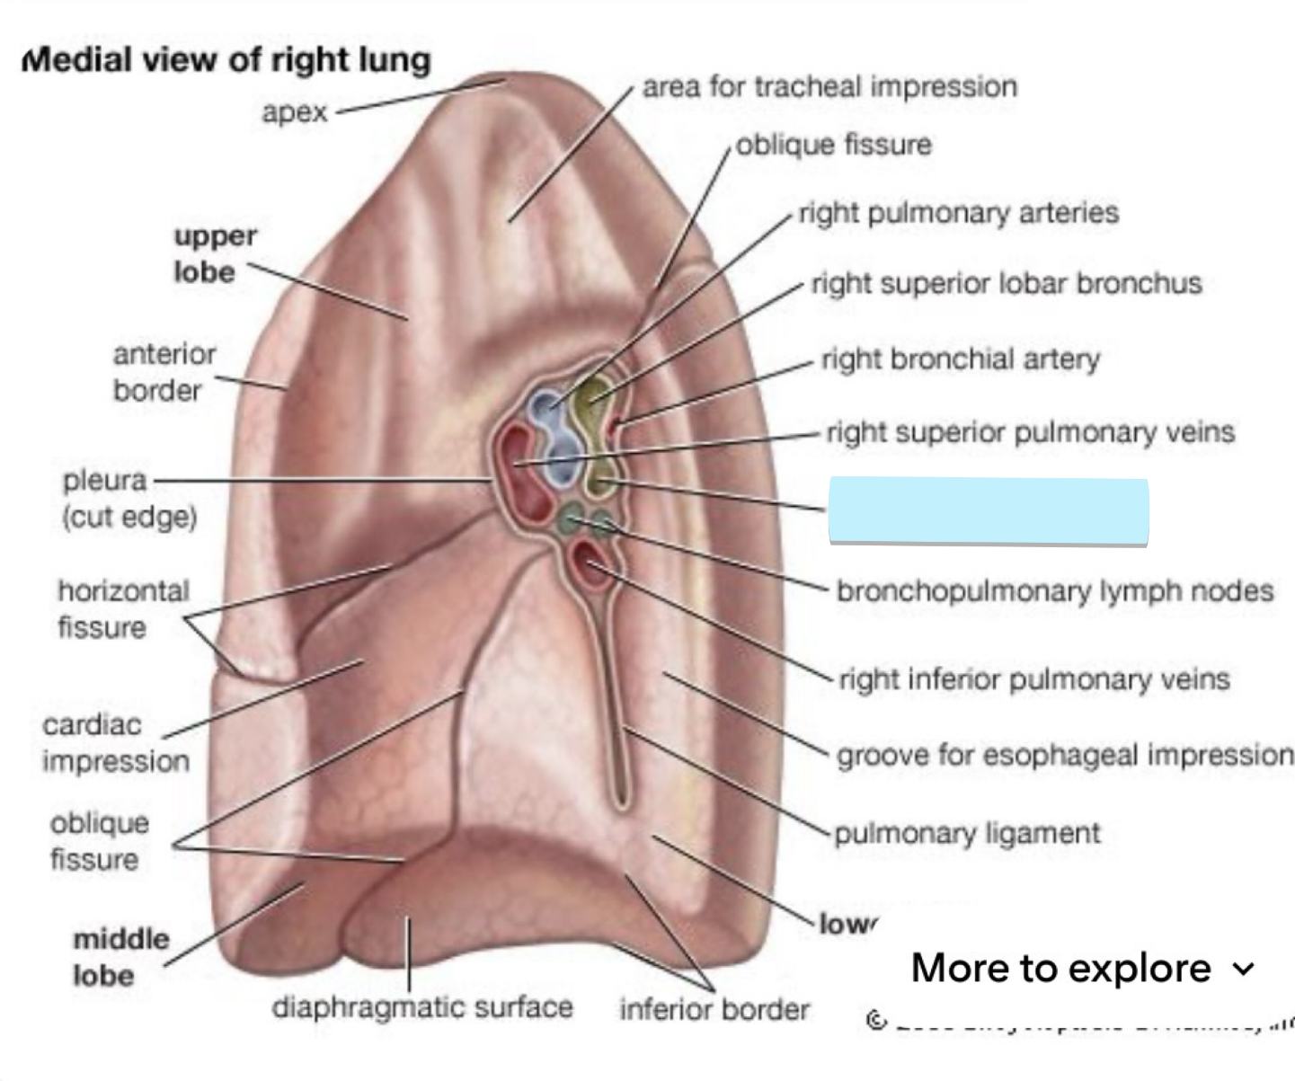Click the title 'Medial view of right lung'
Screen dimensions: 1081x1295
[x=226, y=60]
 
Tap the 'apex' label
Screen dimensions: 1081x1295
[x=295, y=112]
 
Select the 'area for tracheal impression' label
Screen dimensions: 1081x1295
[x=829, y=87]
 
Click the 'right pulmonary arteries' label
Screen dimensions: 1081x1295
[x=958, y=213]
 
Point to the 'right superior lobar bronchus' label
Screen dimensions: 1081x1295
[x=1006, y=283]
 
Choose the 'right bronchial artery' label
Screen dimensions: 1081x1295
[x=960, y=359]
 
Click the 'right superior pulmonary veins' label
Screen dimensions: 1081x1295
[x=1030, y=432]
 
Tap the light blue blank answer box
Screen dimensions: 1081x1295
[x=988, y=511]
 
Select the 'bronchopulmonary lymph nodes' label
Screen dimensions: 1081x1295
[x=1054, y=590]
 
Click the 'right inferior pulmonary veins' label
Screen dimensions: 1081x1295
[x=1033, y=678]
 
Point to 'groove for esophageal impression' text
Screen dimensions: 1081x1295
[x=1064, y=755]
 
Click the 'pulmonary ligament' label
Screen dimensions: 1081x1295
[x=967, y=833]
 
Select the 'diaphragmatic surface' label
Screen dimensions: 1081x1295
[x=422, y=1007]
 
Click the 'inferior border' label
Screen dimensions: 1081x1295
[x=714, y=1009]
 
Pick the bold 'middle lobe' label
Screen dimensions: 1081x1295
[x=120, y=957]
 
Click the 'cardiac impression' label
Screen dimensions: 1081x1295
[x=115, y=743]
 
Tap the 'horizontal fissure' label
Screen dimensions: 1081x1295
[x=123, y=608]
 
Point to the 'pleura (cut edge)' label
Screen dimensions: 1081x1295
[x=129, y=499]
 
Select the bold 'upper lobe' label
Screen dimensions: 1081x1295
[x=215, y=253]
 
